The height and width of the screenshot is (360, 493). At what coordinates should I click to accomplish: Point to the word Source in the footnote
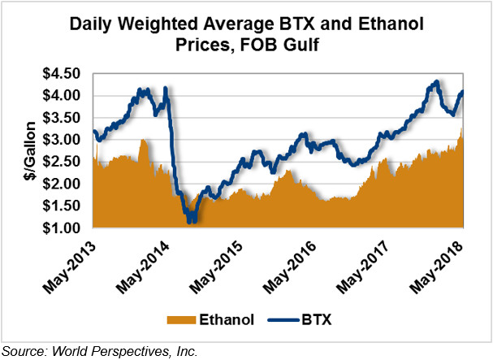pyautogui.click(x=24, y=351)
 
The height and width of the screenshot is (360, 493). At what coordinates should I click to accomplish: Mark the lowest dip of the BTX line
pyautogui.click(x=190, y=220)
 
